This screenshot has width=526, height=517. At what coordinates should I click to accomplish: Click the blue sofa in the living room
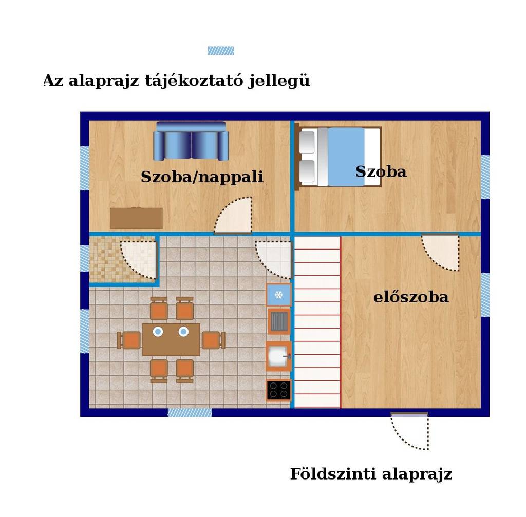click(191, 141)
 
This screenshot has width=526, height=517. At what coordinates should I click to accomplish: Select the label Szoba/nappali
click(202, 177)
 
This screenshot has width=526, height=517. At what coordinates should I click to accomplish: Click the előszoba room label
click(411, 297)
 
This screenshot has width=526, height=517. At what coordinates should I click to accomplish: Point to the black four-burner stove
click(279, 390)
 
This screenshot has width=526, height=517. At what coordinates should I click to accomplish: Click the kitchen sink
click(278, 356)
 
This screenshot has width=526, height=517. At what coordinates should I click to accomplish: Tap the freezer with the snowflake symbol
click(279, 295)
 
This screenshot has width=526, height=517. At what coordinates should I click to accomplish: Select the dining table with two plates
click(171, 339)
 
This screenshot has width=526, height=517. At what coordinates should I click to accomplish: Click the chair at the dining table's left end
click(129, 340)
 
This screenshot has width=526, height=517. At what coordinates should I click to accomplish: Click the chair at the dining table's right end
click(213, 340)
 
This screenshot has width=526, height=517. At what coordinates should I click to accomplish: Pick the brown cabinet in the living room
click(136, 218)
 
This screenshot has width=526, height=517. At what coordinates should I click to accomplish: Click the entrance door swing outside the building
click(409, 431)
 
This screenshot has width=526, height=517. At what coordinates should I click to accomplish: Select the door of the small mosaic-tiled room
click(139, 260)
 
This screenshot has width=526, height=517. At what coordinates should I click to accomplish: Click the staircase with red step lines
click(317, 322)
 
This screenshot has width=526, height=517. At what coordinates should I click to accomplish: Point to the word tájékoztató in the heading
click(194, 81)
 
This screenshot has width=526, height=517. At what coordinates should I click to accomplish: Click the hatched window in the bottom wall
click(190, 412)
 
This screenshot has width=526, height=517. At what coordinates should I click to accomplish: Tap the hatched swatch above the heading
click(221, 51)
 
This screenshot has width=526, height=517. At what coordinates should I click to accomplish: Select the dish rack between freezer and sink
click(279, 321)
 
